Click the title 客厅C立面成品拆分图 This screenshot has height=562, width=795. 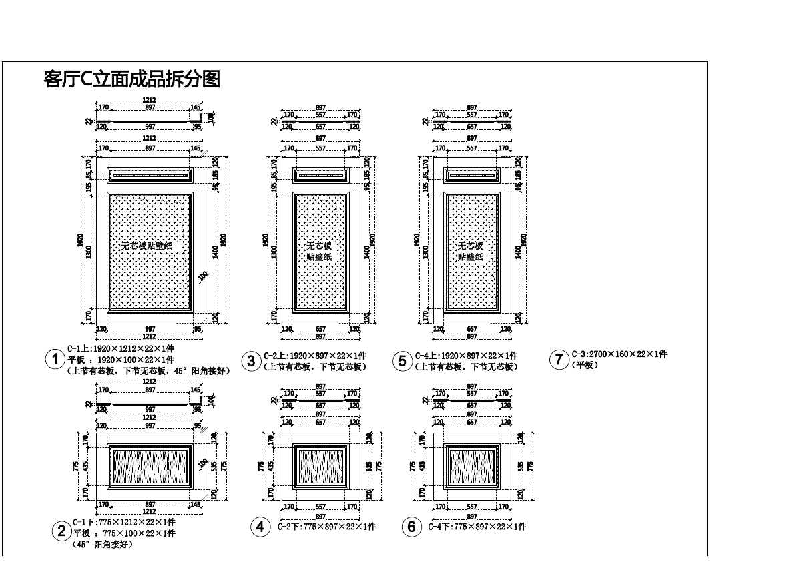pyautogui.click(x=131, y=79)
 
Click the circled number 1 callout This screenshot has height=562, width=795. pyautogui.click(x=54, y=360)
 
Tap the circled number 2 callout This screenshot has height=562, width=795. pyautogui.click(x=61, y=532)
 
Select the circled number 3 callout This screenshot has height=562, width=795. pyautogui.click(x=251, y=362)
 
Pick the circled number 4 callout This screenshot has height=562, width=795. pyautogui.click(x=260, y=527)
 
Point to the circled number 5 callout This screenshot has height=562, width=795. pyautogui.click(x=402, y=362)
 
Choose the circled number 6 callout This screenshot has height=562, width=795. pyautogui.click(x=411, y=527)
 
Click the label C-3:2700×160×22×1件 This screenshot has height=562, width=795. pyautogui.click(x=618, y=354)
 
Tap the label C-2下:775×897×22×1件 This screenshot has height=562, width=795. pyautogui.click(x=326, y=527)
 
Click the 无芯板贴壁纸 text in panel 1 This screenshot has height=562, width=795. pyautogui.click(x=147, y=246)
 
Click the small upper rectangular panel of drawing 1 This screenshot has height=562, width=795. pyautogui.click(x=150, y=176)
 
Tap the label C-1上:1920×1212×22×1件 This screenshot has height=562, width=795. pyautogui.click(x=121, y=348)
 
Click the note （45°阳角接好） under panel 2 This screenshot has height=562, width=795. pyautogui.click(x=103, y=545)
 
